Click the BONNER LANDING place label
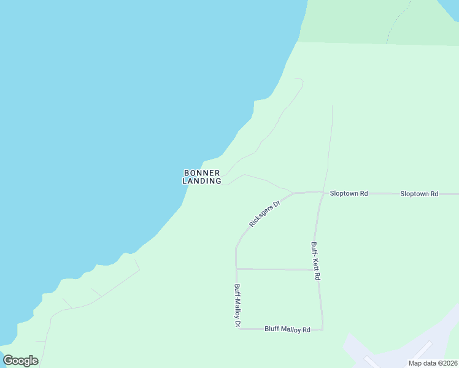pos(202,177)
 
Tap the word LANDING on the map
pos(202,181)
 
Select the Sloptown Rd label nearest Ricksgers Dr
pos(349,193)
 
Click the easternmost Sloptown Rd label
pos(419,194)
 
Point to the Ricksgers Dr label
pos(264,213)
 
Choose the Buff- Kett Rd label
pos(315,261)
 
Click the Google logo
pos(21,361)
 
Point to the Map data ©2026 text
pos(433,363)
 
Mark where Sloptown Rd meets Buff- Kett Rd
pos(323,191)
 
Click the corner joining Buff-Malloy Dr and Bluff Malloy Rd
pos(237,329)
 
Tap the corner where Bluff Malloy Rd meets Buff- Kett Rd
pos(323,329)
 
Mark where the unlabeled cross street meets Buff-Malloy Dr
pos(236,268)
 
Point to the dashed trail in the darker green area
pos(397,21)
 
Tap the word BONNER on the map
pos(202,172)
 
